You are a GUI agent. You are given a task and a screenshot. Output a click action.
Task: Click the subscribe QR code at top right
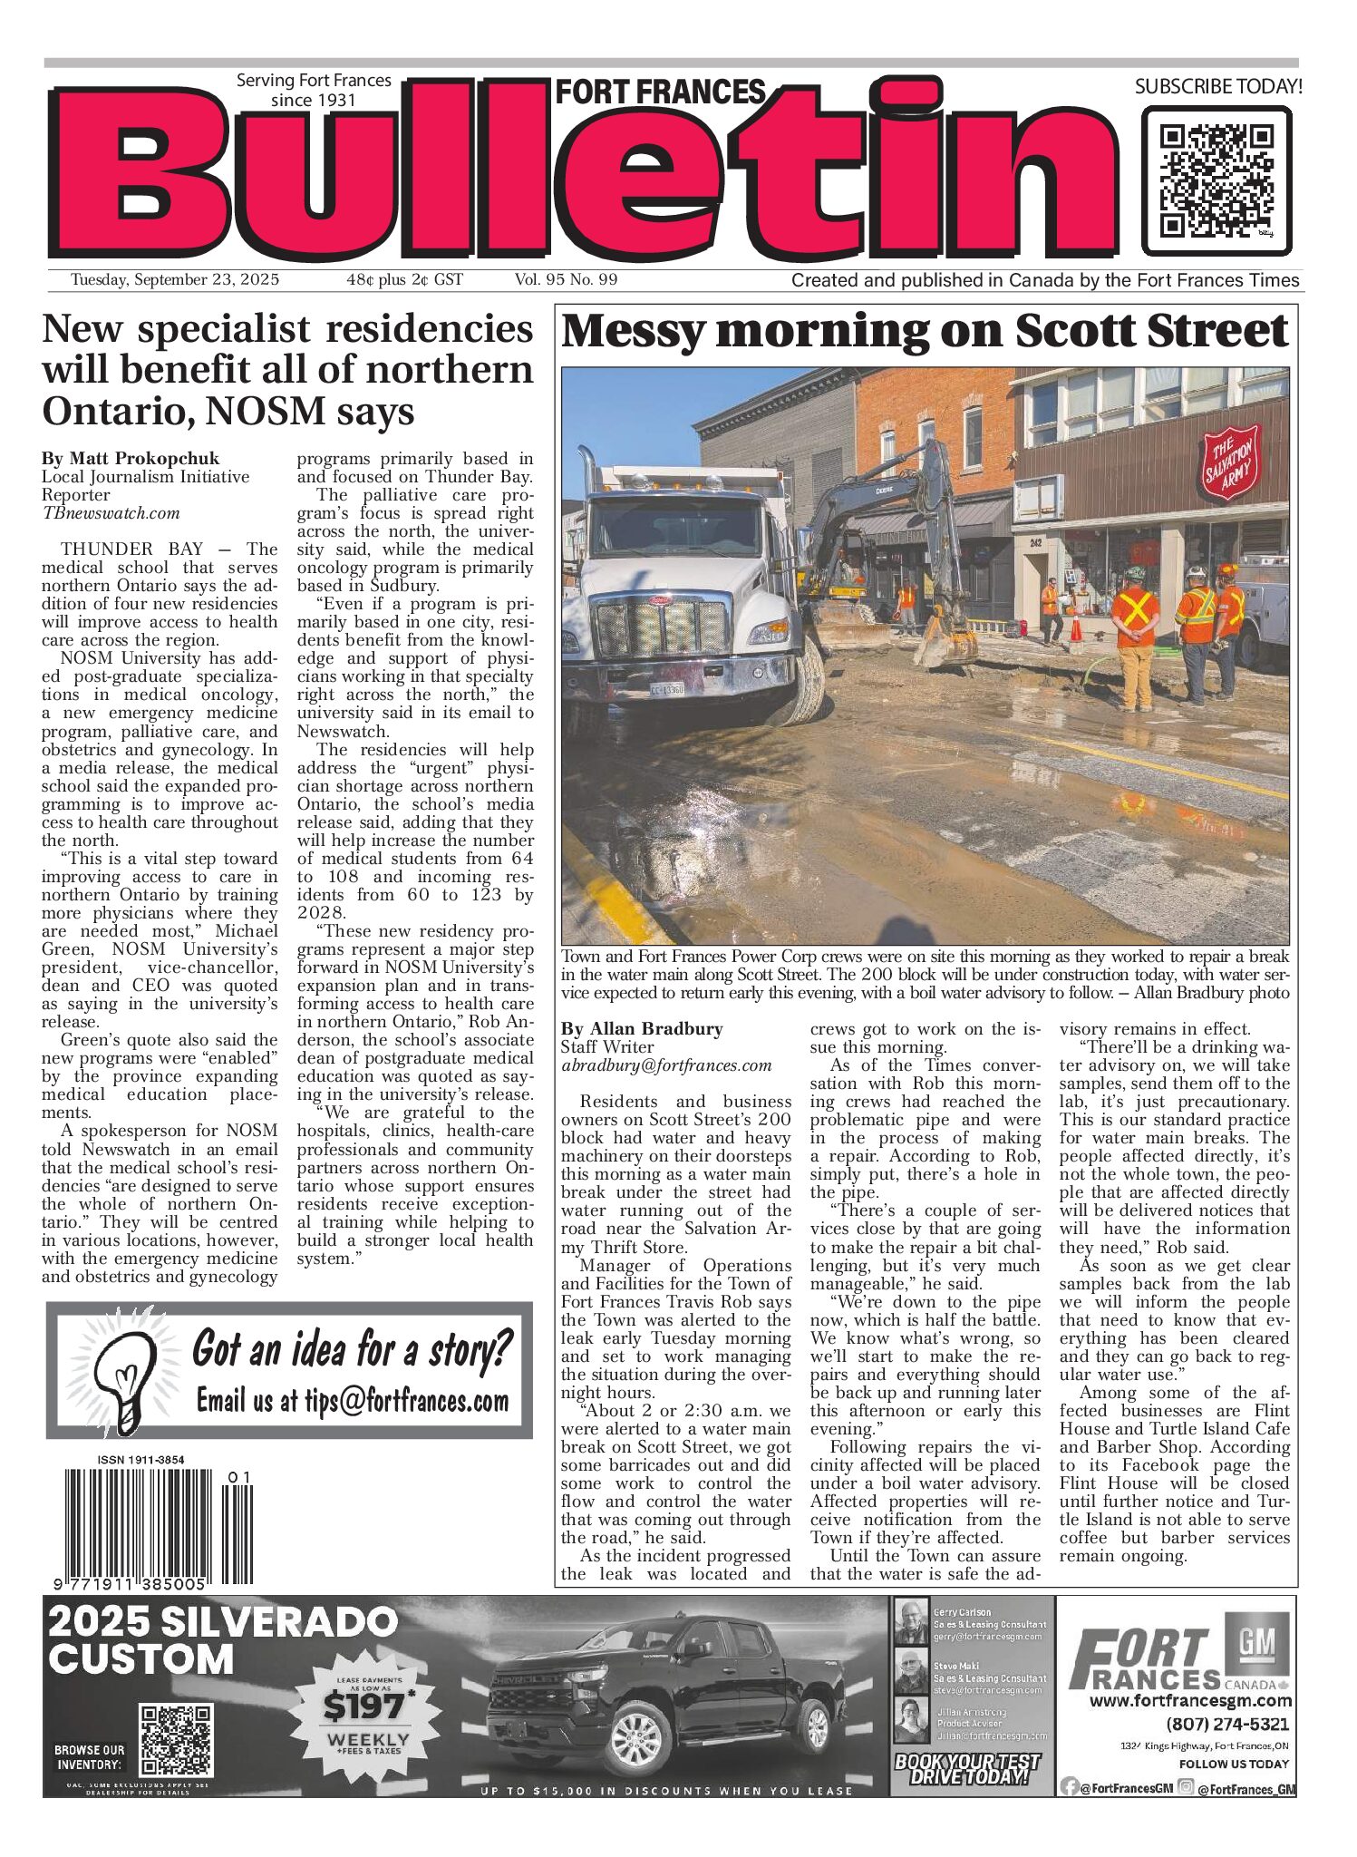pos(1216,180)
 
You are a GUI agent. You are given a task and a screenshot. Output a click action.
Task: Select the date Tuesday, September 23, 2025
pos(175,280)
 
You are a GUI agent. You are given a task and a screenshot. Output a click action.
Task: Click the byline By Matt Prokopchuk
pos(131,459)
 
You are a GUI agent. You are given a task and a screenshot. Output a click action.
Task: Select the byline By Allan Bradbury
pos(642,1029)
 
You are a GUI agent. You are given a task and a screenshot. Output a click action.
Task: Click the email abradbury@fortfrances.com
pos(666,1065)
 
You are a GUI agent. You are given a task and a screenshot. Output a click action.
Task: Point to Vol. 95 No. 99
pos(566,280)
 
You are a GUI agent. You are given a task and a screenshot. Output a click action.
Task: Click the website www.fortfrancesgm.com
pos(1189,1701)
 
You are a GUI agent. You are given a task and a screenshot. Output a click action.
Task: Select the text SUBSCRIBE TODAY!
pos(1217,87)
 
